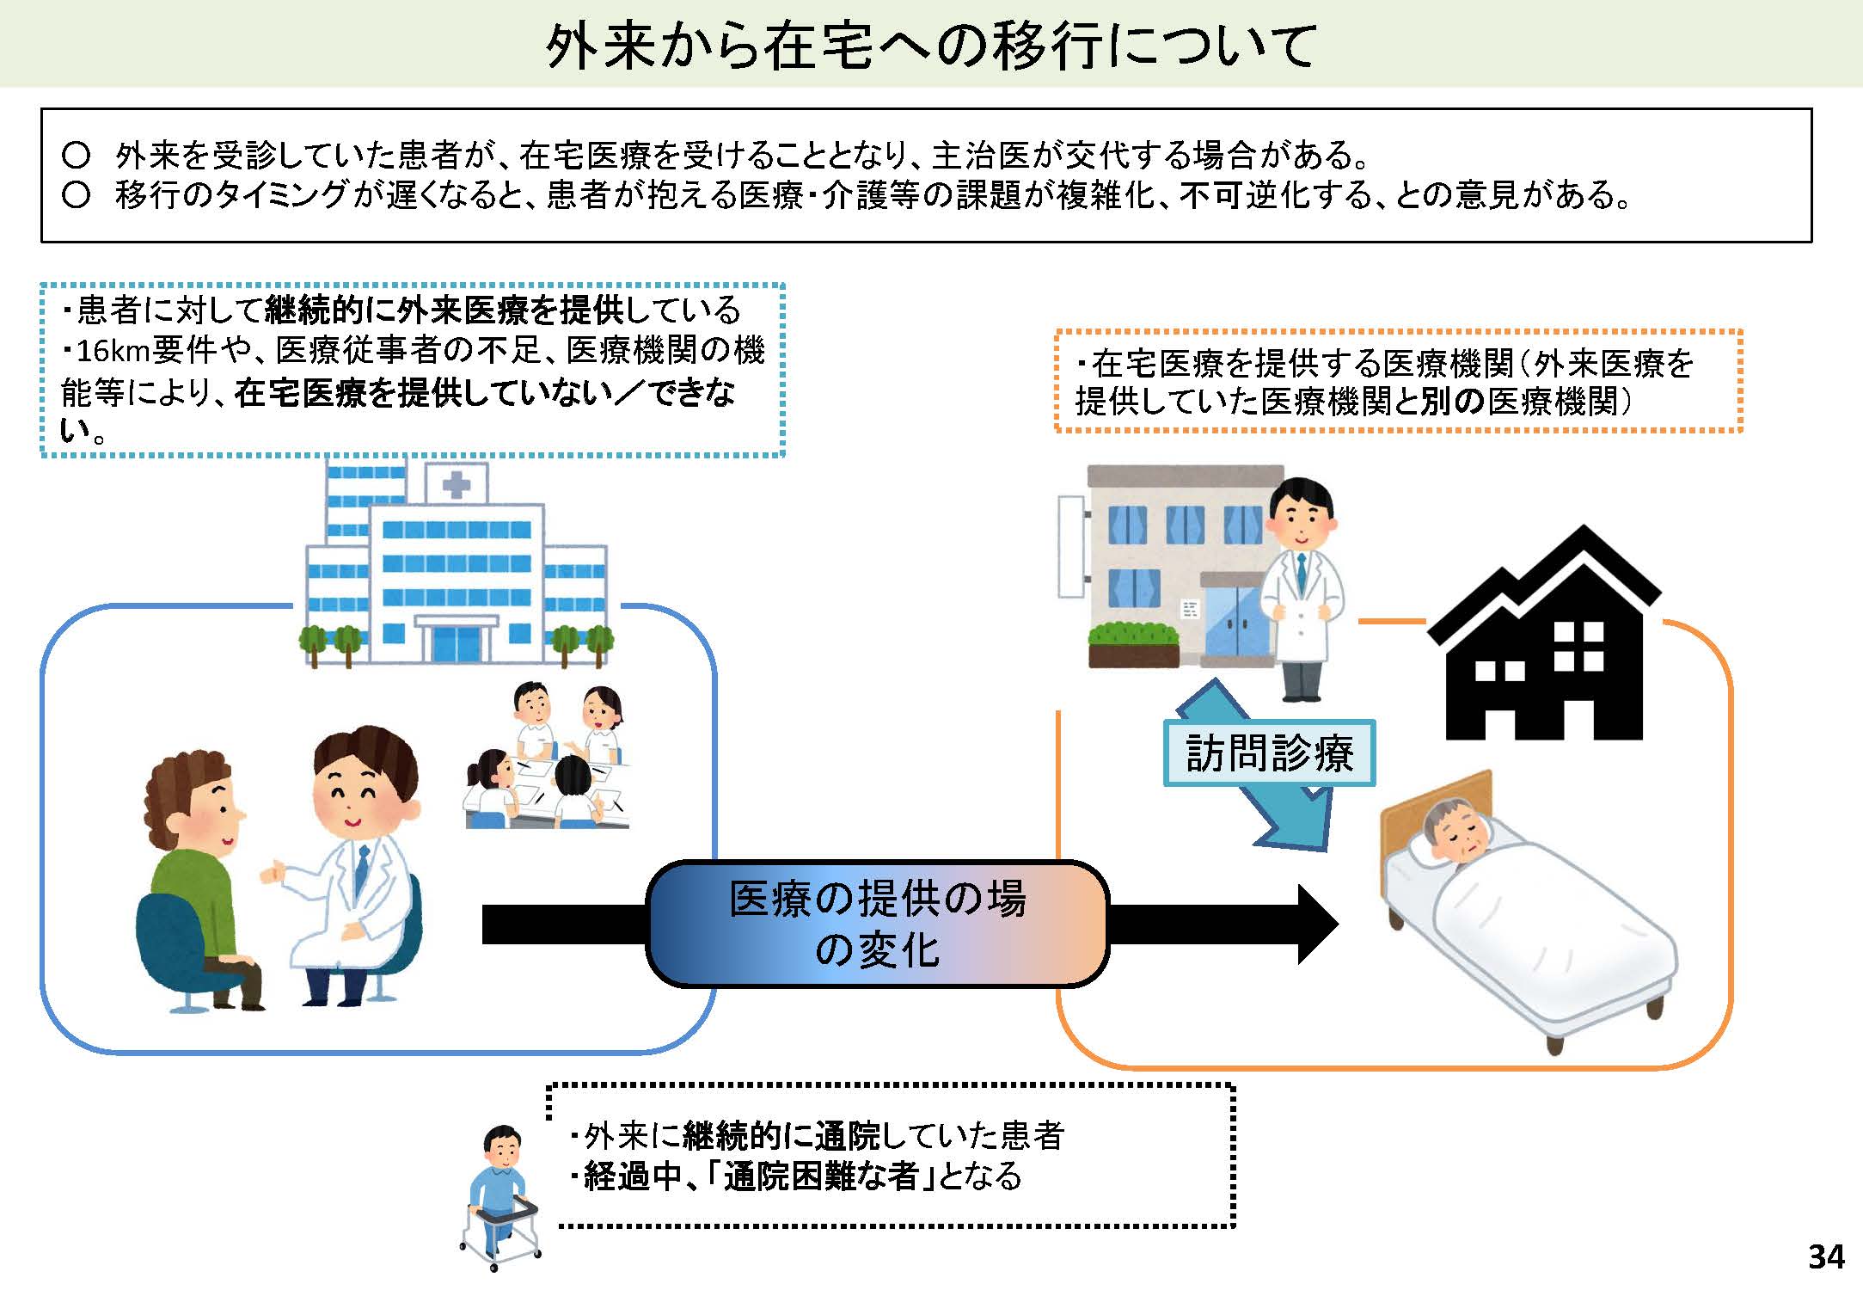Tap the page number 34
click(1825, 1257)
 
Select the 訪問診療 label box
click(1269, 753)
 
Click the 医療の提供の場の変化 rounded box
click(877, 924)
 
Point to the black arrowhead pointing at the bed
click(1316, 924)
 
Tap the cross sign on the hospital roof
click(456, 486)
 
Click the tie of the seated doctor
click(362, 869)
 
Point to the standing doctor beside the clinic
click(1301, 585)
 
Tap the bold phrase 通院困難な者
click(821, 1176)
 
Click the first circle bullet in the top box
click(77, 156)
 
